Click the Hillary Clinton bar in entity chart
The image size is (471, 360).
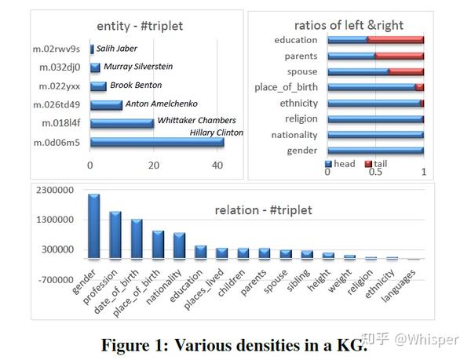pos(157,143)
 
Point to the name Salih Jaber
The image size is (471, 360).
pos(117,48)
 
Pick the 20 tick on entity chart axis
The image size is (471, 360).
pos(154,165)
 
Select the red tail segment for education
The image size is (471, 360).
pos(396,39)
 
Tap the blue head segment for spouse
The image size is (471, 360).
pos(358,71)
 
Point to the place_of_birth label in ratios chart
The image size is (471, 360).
pos(287,87)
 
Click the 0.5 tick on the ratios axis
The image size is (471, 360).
pos(374,173)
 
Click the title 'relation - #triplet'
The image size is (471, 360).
pos(263,210)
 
